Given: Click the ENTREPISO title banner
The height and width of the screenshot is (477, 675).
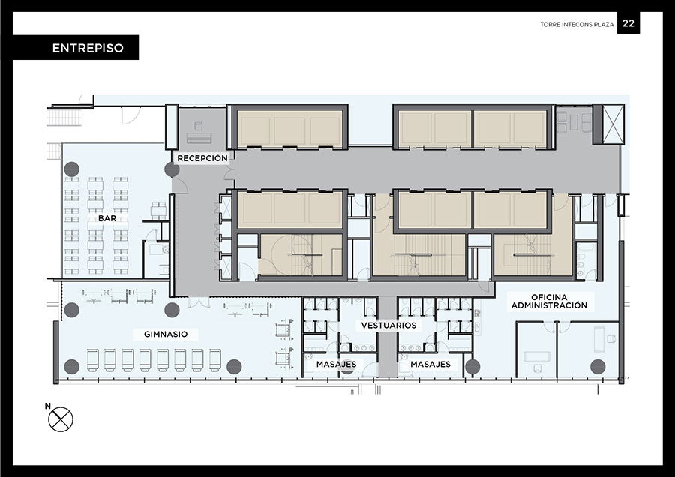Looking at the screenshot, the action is pyautogui.click(x=76, y=47).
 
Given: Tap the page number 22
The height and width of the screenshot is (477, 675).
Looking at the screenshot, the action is pyautogui.click(x=628, y=23).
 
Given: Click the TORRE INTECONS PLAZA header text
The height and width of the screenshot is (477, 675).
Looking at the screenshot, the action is pyautogui.click(x=577, y=25).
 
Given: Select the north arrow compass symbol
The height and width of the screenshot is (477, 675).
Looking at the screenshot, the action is pyautogui.click(x=61, y=419).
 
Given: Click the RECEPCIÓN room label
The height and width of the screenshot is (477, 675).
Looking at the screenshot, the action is pyautogui.click(x=202, y=158).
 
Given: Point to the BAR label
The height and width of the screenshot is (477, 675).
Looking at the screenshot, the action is pyautogui.click(x=107, y=218).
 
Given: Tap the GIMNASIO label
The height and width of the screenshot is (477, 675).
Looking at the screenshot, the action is pyautogui.click(x=166, y=334).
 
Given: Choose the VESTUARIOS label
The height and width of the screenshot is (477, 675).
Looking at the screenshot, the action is pyautogui.click(x=388, y=325).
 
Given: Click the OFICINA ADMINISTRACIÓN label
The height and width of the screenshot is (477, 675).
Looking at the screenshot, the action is pyautogui.click(x=549, y=301).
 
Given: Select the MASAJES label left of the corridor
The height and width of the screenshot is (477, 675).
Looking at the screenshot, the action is pyautogui.click(x=336, y=364).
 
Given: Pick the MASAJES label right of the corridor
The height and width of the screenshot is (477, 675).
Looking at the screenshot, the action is pyautogui.click(x=430, y=364).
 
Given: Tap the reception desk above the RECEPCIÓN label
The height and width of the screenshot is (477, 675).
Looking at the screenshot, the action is pyautogui.click(x=199, y=138).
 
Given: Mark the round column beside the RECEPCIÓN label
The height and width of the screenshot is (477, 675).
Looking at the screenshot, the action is pyautogui.click(x=172, y=169).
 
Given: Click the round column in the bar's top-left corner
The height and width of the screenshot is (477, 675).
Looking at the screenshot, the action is pyautogui.click(x=72, y=169).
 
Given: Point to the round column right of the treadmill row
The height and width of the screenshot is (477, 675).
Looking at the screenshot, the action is pyautogui.click(x=234, y=366).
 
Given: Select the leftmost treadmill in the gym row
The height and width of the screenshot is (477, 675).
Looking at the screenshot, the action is pyautogui.click(x=93, y=360).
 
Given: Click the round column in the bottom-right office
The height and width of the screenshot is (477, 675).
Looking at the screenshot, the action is pyautogui.click(x=598, y=366).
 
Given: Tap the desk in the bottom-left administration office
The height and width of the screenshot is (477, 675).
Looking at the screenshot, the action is pyautogui.click(x=537, y=356).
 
